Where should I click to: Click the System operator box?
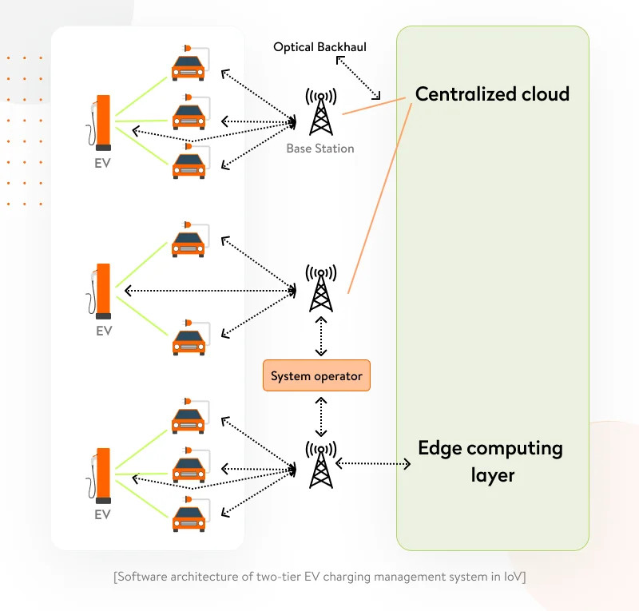coord(316,375)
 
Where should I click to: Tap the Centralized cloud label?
coord(492,94)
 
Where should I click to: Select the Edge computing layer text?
coord(490,461)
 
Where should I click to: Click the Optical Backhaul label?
coord(319,47)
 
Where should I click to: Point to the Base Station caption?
coord(320,149)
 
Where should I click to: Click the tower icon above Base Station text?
coord(320,111)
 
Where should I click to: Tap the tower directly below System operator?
coord(320,463)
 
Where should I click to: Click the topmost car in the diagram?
coord(189,65)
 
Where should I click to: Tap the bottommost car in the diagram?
coord(189,517)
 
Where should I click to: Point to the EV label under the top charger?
coord(102,164)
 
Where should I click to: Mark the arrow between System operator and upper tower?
coord(321,336)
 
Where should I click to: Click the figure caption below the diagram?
coord(319,577)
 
